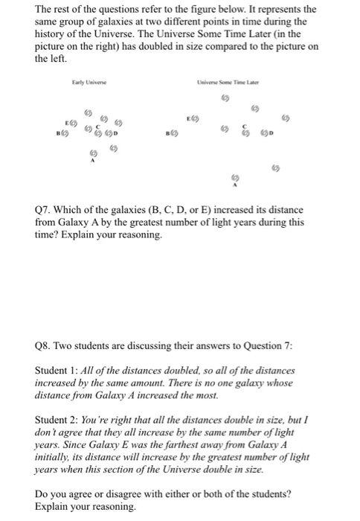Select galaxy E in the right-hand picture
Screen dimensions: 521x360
coord(198,117)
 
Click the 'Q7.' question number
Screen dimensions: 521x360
coord(44,207)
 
